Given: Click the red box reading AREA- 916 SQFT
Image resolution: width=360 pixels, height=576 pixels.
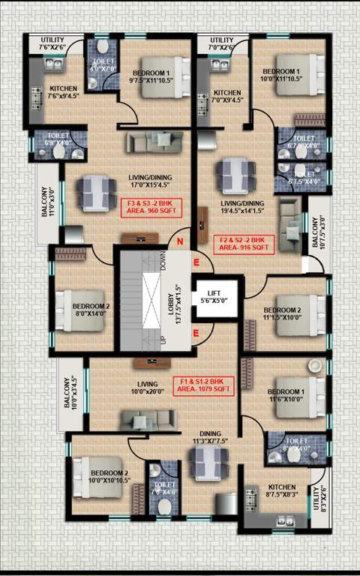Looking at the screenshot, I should click(x=245, y=243).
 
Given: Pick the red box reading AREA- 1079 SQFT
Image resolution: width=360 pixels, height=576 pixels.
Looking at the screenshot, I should click(x=203, y=385).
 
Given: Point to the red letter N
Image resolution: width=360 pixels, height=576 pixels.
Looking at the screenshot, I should click(x=179, y=241).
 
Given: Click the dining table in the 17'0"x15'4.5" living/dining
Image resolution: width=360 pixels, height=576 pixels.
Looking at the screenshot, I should click(x=96, y=190).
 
